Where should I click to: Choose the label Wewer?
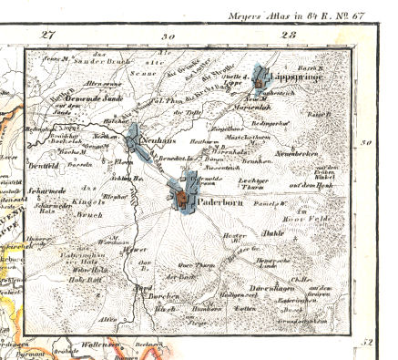pyautogui.click(x=137, y=249)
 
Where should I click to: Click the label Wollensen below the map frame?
pyautogui.click(x=106, y=345)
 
